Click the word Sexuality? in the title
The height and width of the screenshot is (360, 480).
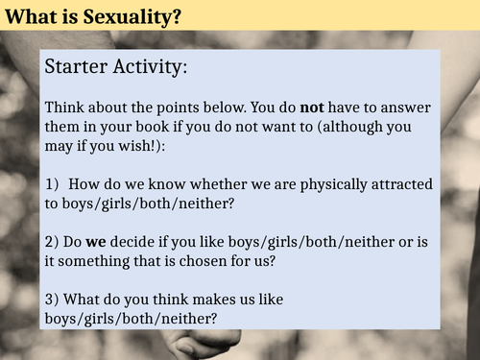point(106,15)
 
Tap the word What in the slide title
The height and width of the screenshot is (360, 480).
point(26,15)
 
